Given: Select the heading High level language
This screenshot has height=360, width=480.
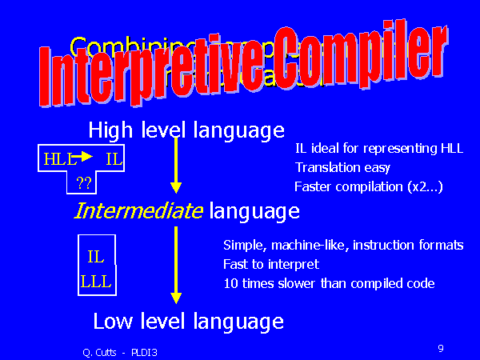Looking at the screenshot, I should point(186,130).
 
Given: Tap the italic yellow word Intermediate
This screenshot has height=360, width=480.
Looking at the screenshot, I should point(138,212).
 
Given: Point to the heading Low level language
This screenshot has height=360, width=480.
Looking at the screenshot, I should point(188,322).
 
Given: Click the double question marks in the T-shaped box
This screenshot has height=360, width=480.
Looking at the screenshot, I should point(84,184).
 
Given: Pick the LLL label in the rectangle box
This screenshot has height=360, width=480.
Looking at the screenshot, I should point(96,282).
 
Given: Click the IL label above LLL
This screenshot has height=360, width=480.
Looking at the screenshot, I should point(96,258).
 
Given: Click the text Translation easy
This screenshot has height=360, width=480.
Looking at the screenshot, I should point(342,168).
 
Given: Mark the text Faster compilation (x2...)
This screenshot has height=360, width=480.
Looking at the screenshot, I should point(369,187).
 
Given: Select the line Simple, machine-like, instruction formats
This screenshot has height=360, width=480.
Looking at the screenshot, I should point(342,245).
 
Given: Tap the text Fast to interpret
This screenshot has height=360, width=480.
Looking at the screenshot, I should point(271,264).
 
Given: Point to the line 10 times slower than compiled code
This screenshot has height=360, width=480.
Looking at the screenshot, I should point(329,283).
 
